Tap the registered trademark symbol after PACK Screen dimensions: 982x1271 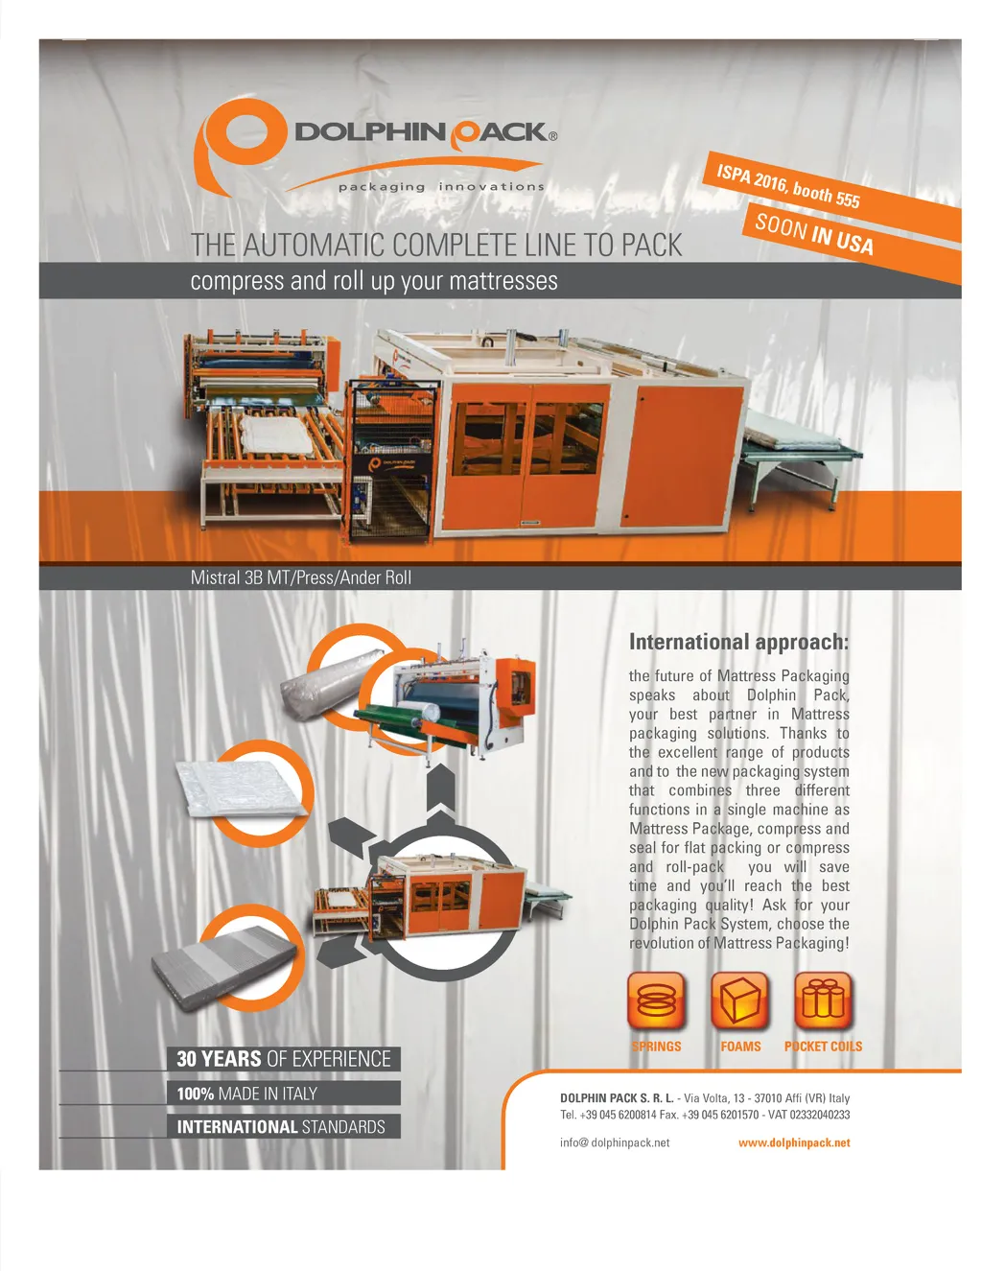coord(553,136)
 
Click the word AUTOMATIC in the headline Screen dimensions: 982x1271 coord(316,245)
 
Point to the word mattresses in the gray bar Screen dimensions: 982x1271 coord(503,281)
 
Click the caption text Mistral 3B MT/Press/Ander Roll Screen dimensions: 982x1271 coord(300,577)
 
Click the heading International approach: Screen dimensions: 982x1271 coord(738,643)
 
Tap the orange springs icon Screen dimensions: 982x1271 coord(656,1000)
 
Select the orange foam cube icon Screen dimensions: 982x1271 coord(739,1000)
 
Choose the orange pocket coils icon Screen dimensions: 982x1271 coord(823,1000)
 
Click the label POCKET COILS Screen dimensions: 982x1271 coord(823,1047)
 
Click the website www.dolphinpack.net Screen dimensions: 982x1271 coord(794,1142)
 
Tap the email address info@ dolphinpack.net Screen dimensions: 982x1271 coord(615,1142)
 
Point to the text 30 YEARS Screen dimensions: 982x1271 coord(219,1059)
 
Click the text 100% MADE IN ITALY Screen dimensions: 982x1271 coord(246,1094)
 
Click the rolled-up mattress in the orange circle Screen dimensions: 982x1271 coord(332,684)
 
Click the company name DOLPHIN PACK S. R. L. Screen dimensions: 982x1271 coord(617,1098)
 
